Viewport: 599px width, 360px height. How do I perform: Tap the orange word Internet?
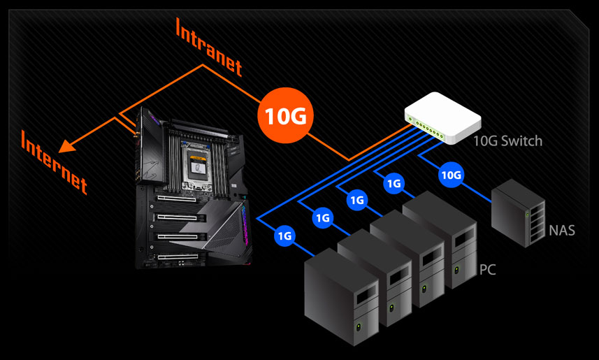[x=54, y=160]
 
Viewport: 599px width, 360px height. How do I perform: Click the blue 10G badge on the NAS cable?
[x=451, y=175]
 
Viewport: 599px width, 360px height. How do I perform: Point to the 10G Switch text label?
[x=507, y=141]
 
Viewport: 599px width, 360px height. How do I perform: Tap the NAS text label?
[x=562, y=230]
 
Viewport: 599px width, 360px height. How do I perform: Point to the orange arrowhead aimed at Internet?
[x=66, y=146]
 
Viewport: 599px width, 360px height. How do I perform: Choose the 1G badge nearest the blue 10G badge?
[x=394, y=184]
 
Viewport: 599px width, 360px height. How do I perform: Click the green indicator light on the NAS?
[x=526, y=215]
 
